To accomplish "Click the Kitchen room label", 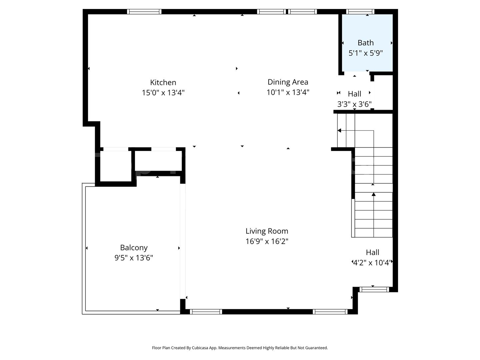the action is click(163, 82).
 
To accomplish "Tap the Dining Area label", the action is click(288, 82).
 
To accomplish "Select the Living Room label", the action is click(267, 231).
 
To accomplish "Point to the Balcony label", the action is click(134, 248).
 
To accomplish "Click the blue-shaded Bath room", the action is click(367, 43).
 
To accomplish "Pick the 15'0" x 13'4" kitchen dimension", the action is click(163, 93).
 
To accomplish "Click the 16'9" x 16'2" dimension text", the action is click(267, 241).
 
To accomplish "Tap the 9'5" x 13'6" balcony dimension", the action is click(134, 258).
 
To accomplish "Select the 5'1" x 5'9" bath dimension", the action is click(365, 53).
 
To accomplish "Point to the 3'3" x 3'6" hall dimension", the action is click(354, 104).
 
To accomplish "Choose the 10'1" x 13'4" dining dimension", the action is click(288, 92).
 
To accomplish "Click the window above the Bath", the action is click(360, 12).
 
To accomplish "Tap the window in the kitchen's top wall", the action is click(144, 12).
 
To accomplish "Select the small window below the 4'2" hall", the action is click(374, 290).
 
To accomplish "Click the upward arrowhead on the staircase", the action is click(374, 194).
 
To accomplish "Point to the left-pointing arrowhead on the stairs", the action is click(339, 130).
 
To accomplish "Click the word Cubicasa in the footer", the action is click(200, 348).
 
